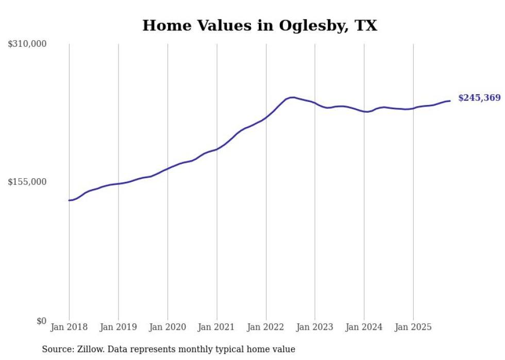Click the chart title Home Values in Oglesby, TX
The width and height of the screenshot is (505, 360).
[x=260, y=25]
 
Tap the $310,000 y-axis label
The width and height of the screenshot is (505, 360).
[x=27, y=44]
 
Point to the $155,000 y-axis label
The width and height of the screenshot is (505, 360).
[x=27, y=182]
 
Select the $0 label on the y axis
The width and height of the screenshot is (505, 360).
[x=41, y=321]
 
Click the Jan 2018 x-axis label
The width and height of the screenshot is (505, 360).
[x=69, y=327]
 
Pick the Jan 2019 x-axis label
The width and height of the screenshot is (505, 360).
[x=119, y=327]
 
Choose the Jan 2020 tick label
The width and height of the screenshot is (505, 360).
[x=167, y=327]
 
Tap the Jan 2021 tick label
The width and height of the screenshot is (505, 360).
[x=217, y=327]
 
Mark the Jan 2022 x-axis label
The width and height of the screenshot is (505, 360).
[x=266, y=327]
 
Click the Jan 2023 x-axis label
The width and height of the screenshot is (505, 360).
[x=315, y=327]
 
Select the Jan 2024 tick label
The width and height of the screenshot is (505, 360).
[x=364, y=327]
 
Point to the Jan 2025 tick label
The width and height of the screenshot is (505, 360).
[x=413, y=327]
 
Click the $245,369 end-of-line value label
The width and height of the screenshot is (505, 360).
[x=479, y=98]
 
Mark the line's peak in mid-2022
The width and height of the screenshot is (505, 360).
[x=292, y=97]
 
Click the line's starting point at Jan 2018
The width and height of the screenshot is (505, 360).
[x=69, y=200]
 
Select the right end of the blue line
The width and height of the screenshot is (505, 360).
[x=450, y=100]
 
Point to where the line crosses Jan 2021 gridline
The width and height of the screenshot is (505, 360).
[x=217, y=149]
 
